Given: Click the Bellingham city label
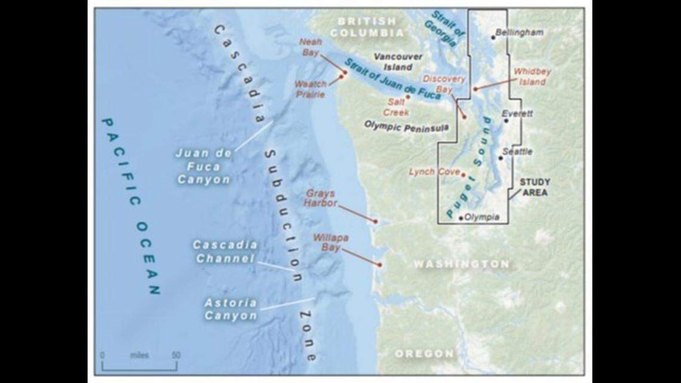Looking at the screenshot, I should (519, 32).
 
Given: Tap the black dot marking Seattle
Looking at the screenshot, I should (501, 158).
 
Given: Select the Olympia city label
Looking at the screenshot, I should (481, 217).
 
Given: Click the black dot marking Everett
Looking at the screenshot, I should (506, 121).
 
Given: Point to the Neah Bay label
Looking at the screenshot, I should (310, 47).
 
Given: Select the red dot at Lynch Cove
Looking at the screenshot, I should (464, 174).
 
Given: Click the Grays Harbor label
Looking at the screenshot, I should (321, 198).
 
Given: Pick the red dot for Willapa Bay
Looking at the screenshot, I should (379, 263).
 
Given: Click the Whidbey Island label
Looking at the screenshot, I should (532, 76).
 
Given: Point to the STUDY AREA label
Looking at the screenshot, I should (534, 187).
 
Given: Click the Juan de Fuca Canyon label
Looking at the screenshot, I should (203, 166).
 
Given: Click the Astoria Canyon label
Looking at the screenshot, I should (231, 309).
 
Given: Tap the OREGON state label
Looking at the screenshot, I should (424, 354).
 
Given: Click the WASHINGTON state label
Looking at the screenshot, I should (462, 263).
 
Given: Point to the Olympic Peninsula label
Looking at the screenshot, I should (399, 127).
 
